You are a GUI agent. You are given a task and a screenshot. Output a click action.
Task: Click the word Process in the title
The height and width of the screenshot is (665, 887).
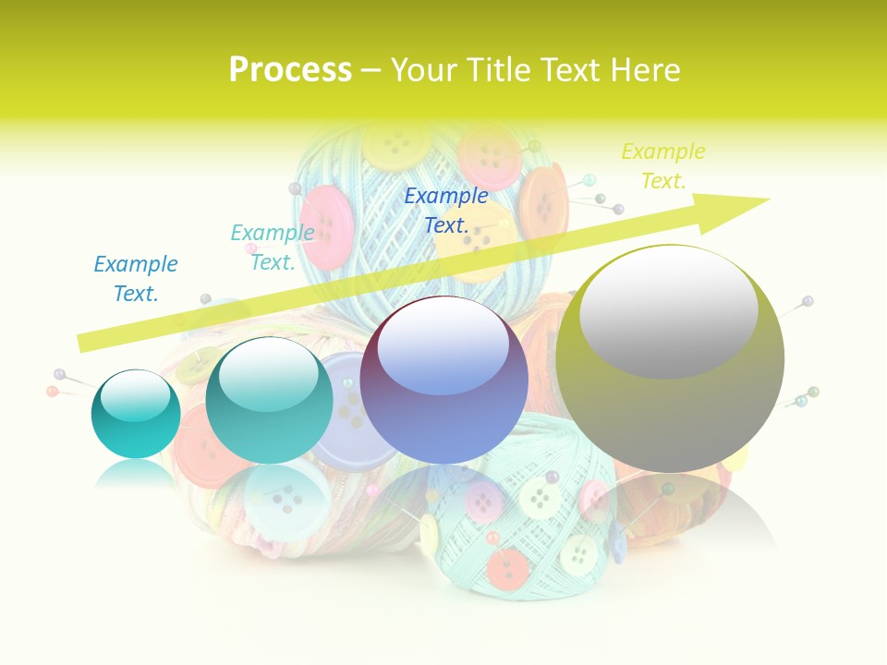click(x=290, y=70)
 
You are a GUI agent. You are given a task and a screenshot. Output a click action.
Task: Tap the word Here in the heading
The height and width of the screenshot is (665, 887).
click(x=644, y=70)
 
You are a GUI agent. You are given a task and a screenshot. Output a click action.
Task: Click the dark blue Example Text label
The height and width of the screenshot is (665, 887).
click(x=446, y=210)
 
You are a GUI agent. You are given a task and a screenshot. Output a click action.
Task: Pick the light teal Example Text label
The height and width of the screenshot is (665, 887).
click(x=273, y=248)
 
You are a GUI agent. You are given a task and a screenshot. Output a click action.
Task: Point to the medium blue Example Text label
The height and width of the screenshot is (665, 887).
click(x=136, y=279)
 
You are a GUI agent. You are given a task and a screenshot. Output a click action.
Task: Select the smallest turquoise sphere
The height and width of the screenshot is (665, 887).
click(x=136, y=414)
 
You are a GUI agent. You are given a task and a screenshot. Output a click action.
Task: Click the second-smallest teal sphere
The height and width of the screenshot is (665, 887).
click(x=269, y=401)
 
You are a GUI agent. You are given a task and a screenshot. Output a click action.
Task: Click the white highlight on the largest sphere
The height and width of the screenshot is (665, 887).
click(x=669, y=311)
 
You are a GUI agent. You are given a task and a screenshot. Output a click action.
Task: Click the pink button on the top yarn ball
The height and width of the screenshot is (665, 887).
click(x=328, y=227)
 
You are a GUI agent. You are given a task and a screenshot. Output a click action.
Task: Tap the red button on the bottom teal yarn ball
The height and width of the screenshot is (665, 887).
click(x=508, y=567)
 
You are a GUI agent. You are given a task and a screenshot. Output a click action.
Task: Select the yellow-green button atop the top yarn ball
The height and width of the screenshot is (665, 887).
click(x=395, y=143)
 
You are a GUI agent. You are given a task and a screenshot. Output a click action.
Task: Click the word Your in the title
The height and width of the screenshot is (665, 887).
click(x=421, y=70)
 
